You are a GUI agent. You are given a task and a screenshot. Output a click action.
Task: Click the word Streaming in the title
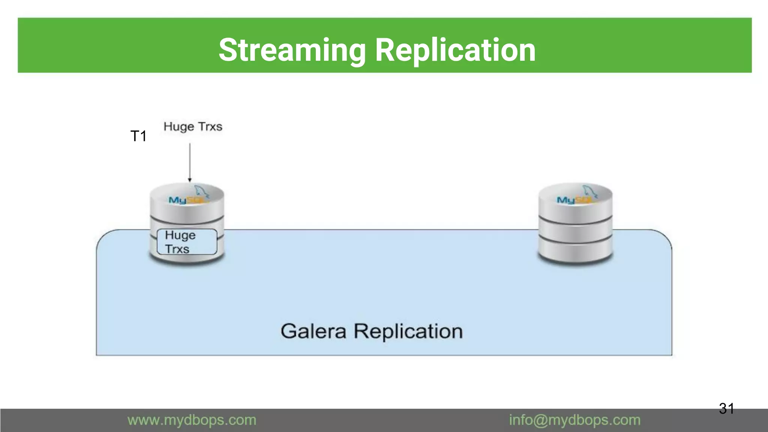coord(292,50)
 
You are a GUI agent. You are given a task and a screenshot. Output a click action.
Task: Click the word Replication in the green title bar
coord(455,50)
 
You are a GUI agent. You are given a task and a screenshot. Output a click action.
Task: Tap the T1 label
coord(138,136)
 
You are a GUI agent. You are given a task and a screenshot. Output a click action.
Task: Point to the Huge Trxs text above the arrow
coord(193,127)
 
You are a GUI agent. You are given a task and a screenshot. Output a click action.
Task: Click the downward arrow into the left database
coord(190,161)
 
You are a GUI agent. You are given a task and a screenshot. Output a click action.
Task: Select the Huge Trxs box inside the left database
coord(187,242)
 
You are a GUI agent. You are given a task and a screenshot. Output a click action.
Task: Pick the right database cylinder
coord(575,225)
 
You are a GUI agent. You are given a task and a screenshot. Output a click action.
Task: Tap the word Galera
coord(313,331)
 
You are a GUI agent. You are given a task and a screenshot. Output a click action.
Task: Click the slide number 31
coord(726,408)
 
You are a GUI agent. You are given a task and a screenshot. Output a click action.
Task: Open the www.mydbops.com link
coord(192,420)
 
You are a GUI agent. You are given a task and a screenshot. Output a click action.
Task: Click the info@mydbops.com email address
coord(574,420)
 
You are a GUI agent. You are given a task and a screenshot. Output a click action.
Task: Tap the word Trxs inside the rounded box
coord(177,249)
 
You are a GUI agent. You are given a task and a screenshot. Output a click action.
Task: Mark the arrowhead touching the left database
coord(190,180)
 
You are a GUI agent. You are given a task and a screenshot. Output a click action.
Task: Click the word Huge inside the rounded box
coord(180,235)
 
